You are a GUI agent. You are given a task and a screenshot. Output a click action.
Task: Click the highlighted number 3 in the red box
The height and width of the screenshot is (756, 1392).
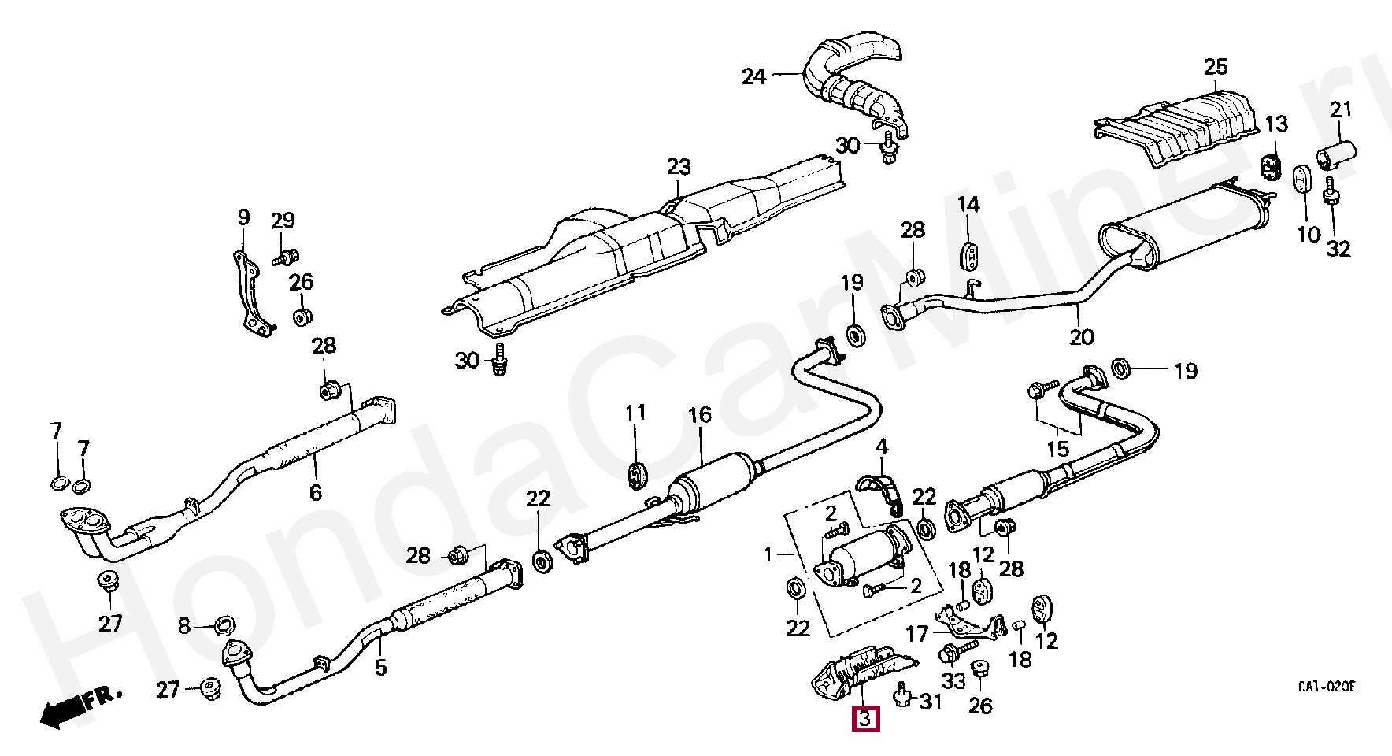(x=864, y=718)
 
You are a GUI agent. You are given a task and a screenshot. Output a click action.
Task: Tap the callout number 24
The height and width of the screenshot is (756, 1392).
(x=753, y=76)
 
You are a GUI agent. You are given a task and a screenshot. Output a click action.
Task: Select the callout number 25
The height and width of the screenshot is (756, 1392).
(x=1216, y=67)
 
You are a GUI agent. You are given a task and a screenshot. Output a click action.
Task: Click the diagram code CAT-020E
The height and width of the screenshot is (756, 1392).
(x=1327, y=687)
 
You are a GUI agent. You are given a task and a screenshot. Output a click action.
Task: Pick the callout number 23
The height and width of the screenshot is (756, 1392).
(x=678, y=167)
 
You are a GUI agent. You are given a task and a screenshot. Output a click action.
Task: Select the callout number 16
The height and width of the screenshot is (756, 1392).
(x=699, y=415)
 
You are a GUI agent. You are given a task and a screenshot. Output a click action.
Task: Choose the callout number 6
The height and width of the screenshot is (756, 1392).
(x=316, y=493)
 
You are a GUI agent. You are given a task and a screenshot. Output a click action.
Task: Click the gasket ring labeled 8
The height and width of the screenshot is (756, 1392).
(x=226, y=627)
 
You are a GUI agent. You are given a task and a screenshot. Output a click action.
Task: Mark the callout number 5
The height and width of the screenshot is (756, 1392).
(x=381, y=668)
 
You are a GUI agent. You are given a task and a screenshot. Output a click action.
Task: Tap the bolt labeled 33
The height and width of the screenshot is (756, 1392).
(x=950, y=653)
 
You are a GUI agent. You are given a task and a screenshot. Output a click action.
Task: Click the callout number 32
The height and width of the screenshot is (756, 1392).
(x=1338, y=249)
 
